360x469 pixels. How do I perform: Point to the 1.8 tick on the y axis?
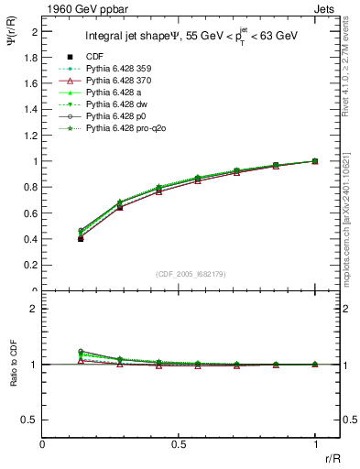tap(32, 57)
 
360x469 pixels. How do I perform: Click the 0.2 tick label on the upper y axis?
tap(32, 266)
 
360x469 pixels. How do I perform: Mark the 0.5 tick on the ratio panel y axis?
tap(32, 420)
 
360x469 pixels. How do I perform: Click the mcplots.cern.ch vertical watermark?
tap(351, 224)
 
